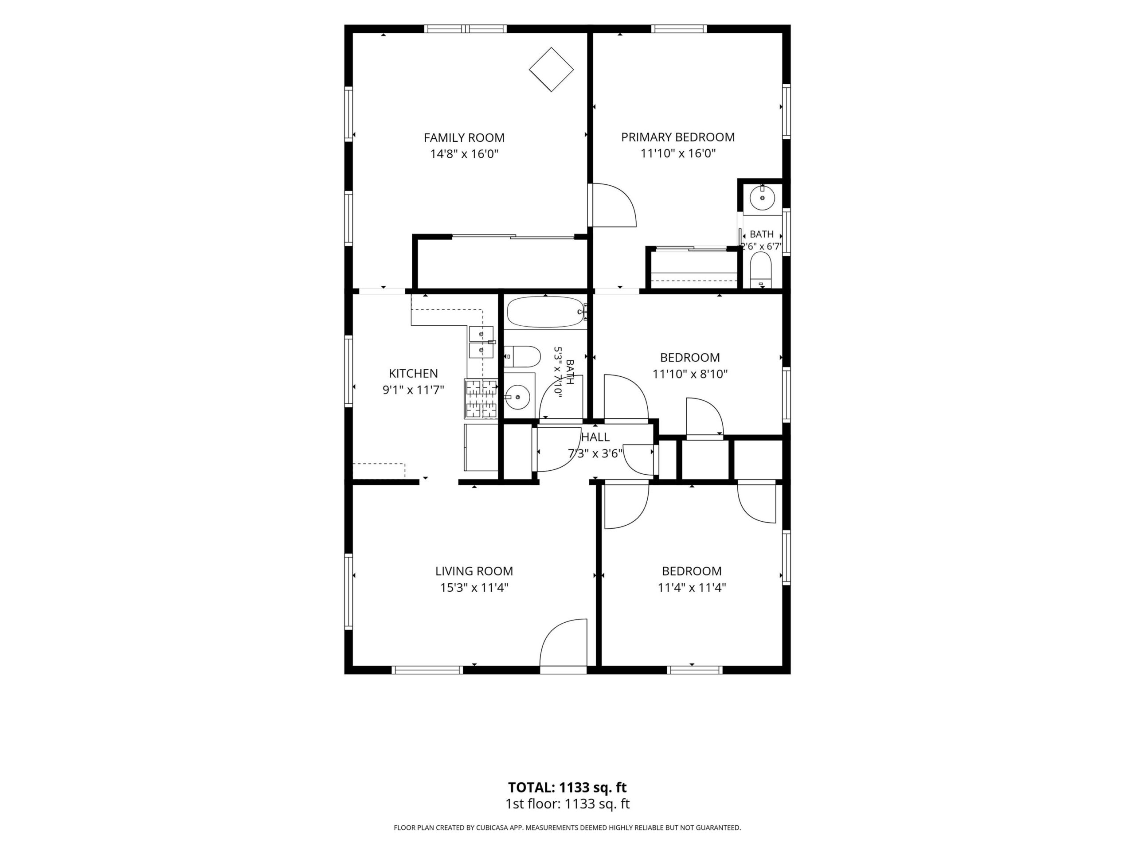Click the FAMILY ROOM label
point(464,137)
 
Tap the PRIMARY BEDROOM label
point(678,137)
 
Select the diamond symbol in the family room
point(551,69)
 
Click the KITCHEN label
point(413,374)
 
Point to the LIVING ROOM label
point(474,571)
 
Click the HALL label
point(595,437)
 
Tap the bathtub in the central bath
point(546,312)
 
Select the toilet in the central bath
point(522,356)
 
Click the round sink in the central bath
point(518,397)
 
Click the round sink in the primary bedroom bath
point(763,198)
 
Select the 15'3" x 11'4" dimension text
point(474,587)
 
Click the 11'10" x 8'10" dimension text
point(690,374)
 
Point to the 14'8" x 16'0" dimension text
point(464,153)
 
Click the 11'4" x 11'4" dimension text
point(692,587)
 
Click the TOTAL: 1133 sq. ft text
point(567,787)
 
